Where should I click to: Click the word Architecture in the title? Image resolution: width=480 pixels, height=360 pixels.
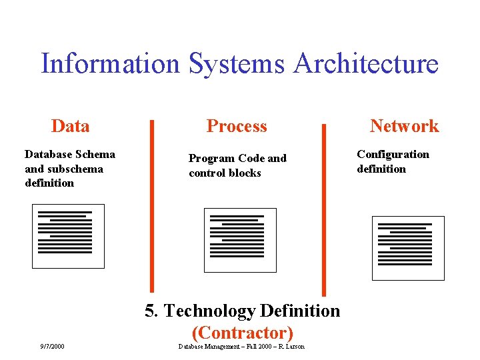365,64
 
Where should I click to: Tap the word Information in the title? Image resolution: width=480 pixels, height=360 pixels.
110,64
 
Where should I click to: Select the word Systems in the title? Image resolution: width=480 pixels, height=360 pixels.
237,64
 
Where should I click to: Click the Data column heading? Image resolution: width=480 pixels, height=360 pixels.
70,126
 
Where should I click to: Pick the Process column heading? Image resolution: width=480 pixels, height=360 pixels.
237,126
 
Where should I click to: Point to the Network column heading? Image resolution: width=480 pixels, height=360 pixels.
404,126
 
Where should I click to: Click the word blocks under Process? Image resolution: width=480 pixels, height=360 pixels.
245,173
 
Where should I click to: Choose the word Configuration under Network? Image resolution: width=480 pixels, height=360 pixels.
393,155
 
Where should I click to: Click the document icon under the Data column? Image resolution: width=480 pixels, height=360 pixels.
69,236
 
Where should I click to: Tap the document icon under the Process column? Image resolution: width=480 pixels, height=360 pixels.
240,240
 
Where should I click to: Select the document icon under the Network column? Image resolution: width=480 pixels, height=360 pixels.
408,248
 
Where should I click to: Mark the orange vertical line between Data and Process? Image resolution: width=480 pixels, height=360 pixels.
152,207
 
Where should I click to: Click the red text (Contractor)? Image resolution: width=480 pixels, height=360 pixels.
242,332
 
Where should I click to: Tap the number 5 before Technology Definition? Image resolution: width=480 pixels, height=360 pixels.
151,311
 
